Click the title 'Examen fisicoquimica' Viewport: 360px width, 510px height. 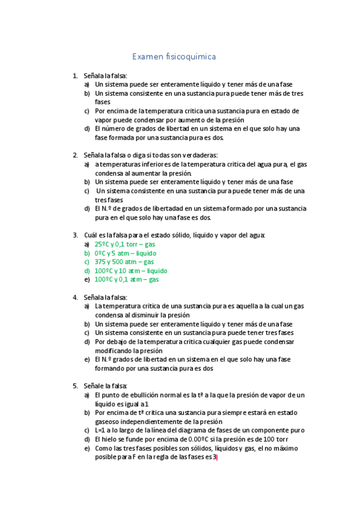(174, 57)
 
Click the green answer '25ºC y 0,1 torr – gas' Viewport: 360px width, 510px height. (125, 244)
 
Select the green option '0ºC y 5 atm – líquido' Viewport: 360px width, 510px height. (125, 253)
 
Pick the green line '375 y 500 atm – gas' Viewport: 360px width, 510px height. (124, 262)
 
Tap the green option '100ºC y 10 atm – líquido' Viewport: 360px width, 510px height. (131, 271)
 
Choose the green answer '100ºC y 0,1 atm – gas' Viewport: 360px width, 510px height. (127, 280)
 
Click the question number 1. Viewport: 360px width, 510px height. (75, 76)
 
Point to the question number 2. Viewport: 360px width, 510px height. (75, 155)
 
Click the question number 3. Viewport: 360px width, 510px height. (75, 235)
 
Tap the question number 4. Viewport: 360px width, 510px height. (75, 297)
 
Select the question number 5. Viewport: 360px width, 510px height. (75, 386)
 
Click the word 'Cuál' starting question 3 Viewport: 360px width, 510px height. (90, 235)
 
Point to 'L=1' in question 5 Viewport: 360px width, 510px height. (101, 430)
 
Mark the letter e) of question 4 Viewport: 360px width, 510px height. (87, 360)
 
